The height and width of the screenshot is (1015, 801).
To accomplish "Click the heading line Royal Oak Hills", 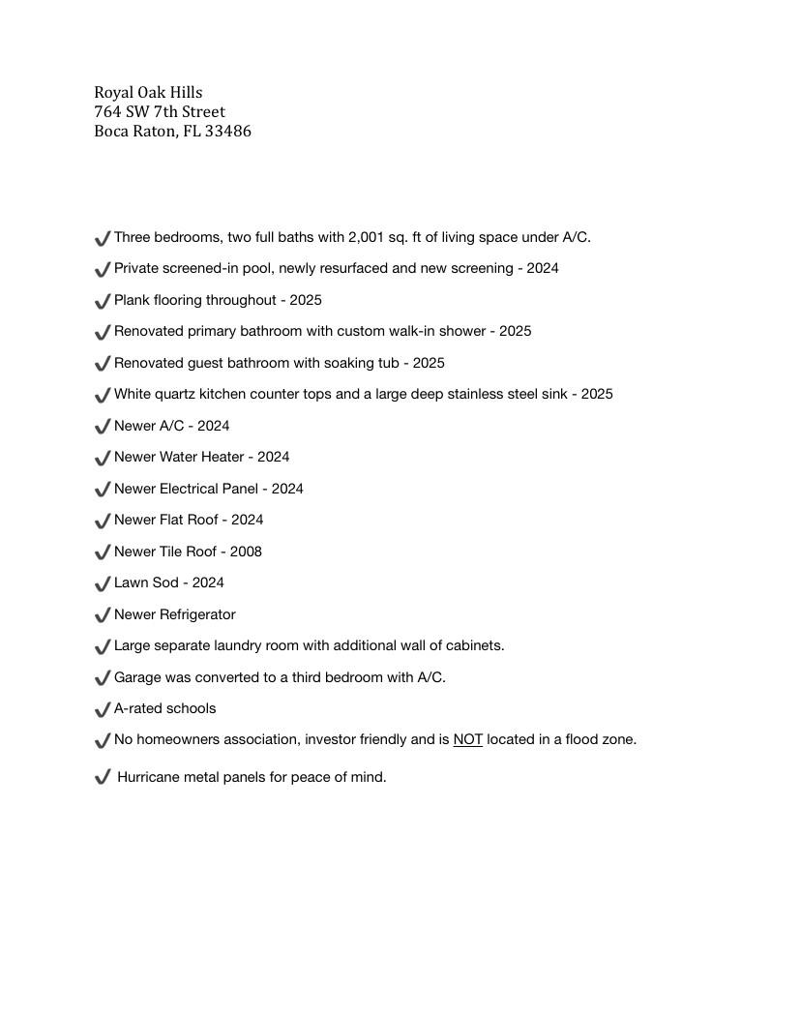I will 148,93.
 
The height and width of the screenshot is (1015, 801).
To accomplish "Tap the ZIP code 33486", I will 228,132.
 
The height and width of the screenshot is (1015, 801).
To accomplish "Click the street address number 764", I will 107,112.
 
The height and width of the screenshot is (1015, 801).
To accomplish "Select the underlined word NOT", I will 468,740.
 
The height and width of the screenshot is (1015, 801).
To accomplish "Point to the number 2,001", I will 367,237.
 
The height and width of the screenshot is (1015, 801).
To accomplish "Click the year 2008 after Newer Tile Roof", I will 247,552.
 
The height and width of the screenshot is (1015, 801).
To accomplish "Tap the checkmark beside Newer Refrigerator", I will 103,615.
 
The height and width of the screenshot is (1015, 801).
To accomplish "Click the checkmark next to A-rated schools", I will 103,709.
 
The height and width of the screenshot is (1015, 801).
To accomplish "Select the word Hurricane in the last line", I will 151,777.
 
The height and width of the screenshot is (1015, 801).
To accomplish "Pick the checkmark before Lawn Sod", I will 103,583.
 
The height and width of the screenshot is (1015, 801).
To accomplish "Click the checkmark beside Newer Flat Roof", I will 103,521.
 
